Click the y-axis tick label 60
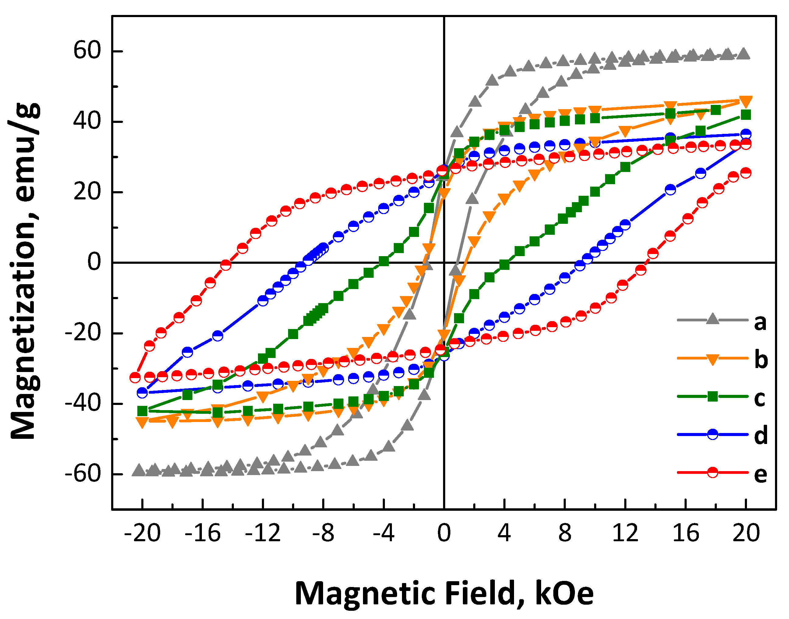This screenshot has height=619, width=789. [x=87, y=50]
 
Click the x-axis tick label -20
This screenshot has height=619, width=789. [x=142, y=533]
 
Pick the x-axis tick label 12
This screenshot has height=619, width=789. [x=625, y=533]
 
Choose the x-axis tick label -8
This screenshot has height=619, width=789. [x=323, y=533]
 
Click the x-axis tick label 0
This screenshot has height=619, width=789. [x=444, y=533]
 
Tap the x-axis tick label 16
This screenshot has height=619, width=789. [x=685, y=533]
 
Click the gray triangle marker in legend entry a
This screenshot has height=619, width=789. [x=712, y=319]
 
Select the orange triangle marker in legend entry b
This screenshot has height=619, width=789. [x=712, y=360]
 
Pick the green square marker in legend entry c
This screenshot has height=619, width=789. [x=712, y=396]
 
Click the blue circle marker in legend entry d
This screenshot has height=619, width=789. [x=712, y=434]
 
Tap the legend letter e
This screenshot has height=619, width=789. [x=760, y=474]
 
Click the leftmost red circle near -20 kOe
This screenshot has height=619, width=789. [x=135, y=377]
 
